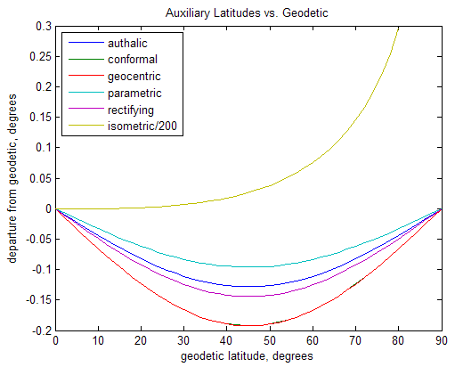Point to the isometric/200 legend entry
(x=137, y=126)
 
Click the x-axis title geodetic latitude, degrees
(x=248, y=355)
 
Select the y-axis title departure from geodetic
(x=12, y=179)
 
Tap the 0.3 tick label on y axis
(x=43, y=27)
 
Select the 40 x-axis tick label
(x=226, y=340)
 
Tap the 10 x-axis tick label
(x=98, y=340)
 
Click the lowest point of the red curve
(x=249, y=325)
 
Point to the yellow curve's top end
(x=398, y=28)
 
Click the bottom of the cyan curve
(x=249, y=266)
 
